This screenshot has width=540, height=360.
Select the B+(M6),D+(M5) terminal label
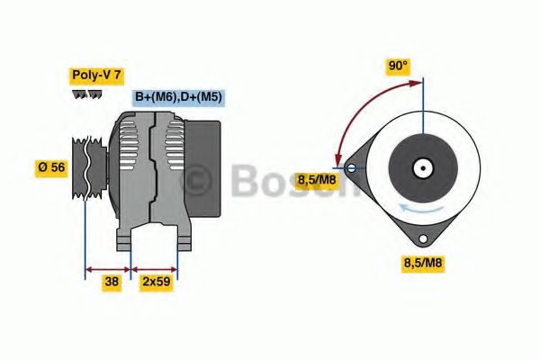pos(178,97)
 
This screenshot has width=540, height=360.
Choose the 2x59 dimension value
pos(156,282)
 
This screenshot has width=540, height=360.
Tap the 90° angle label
pos(397,66)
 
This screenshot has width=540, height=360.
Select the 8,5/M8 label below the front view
pos(422,264)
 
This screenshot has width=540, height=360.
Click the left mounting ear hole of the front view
pos(351,167)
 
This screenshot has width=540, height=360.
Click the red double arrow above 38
pos(107,267)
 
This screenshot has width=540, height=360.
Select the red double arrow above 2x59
pos(155,267)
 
